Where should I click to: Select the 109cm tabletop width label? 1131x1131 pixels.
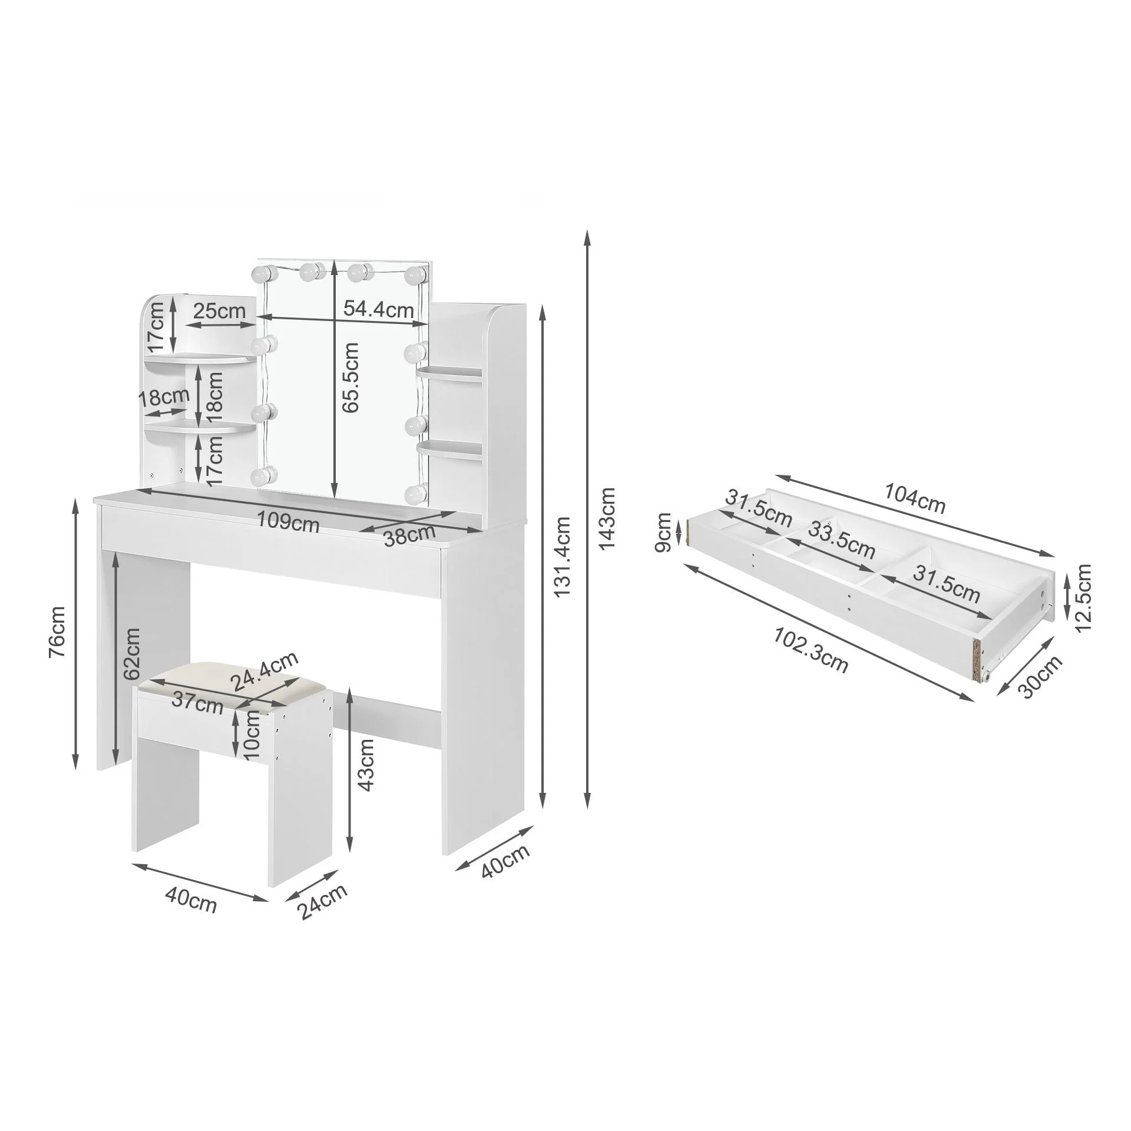(288, 522)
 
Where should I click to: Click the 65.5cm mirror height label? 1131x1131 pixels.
(352, 377)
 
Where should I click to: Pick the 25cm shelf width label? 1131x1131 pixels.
(219, 310)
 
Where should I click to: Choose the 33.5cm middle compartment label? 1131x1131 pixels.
(841, 540)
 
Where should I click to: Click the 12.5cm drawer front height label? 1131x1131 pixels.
(1083, 596)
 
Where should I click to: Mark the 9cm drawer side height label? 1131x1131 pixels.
(663, 532)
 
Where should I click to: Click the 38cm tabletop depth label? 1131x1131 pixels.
(409, 535)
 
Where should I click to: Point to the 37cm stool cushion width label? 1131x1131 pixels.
(197, 703)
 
